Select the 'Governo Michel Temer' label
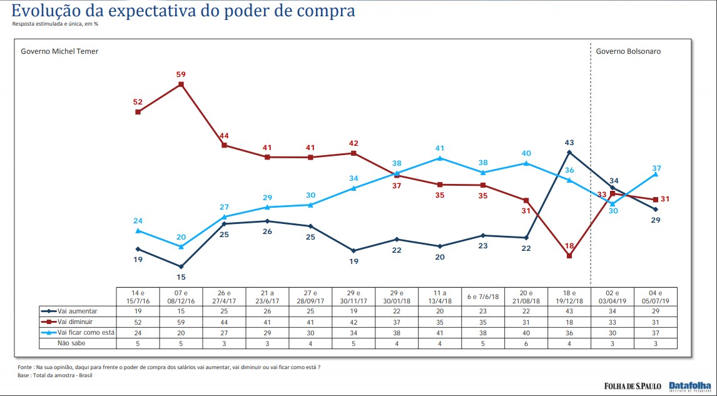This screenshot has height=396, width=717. coord(60,51)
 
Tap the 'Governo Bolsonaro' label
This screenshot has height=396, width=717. coord(628,51)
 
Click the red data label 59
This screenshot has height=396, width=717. coord(181,74)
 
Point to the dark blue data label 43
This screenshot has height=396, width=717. coord(569,141)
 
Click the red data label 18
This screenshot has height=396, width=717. coord(569,246)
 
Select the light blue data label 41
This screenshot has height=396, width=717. coord(440,148)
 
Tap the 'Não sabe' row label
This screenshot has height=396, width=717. coord(72,343)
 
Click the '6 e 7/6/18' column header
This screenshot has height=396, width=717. coord(483,296)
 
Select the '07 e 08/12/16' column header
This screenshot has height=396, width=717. coord(181,296)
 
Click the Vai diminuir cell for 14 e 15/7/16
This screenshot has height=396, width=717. coord(138,322)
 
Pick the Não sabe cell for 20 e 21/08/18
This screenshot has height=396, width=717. coord(526,343)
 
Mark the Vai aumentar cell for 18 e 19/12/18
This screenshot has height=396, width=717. coord(569,311)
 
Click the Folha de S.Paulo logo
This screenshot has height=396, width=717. coord(632,385)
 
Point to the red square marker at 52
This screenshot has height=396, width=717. coord(138,112)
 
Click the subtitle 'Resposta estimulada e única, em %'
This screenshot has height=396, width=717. coord(56,24)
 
